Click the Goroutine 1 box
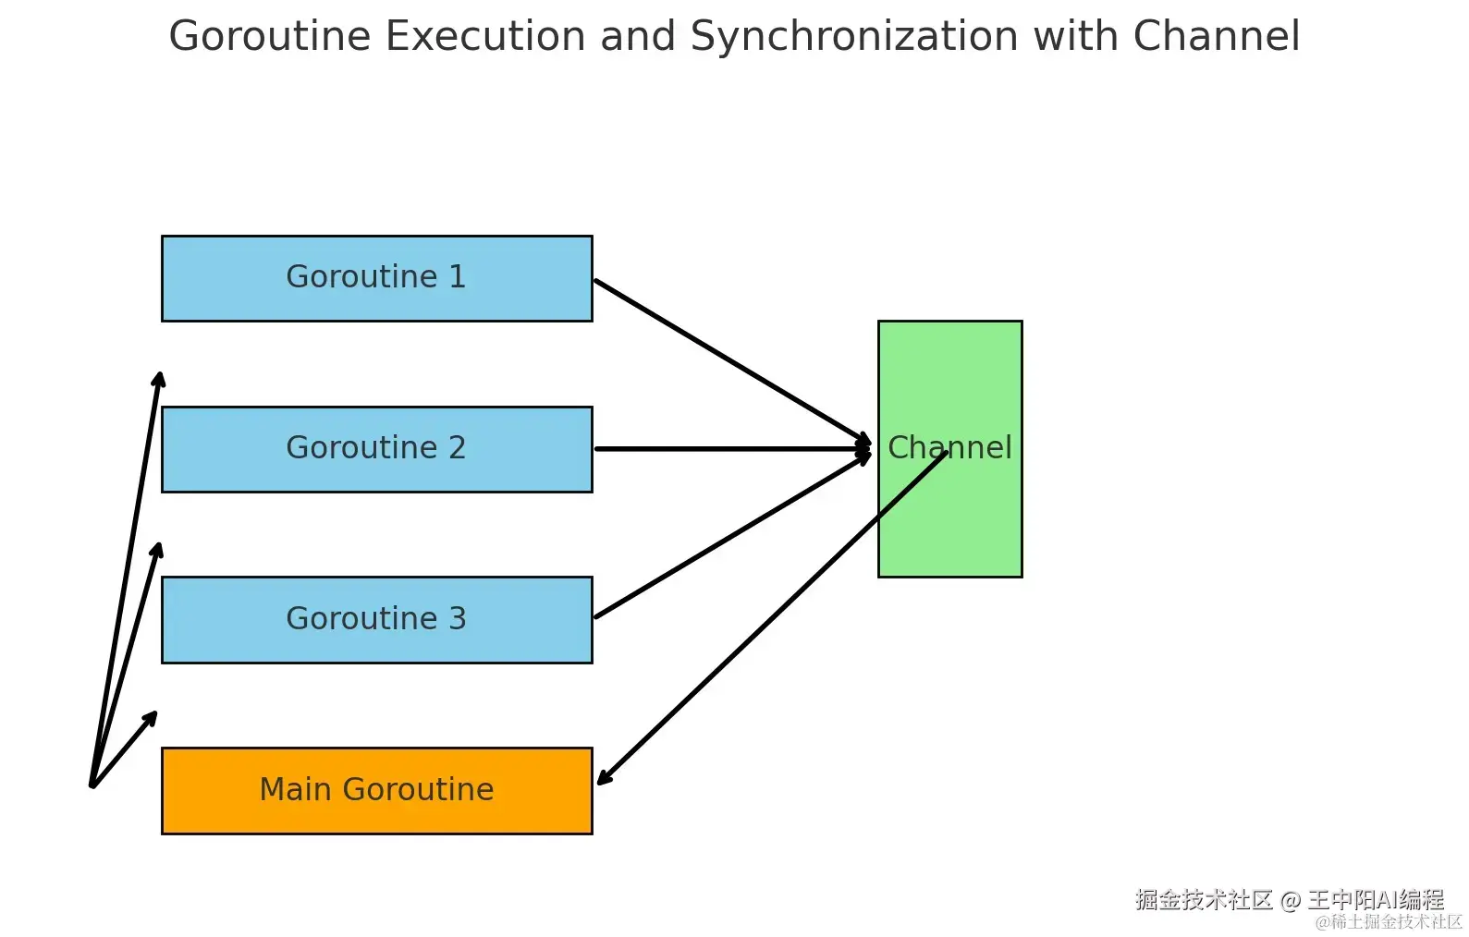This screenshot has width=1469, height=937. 377,279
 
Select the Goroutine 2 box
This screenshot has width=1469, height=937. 377,449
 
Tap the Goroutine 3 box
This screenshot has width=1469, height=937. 377,620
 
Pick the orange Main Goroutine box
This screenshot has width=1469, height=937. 377,791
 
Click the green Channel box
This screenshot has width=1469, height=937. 950,449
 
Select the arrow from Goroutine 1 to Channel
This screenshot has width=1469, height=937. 732,361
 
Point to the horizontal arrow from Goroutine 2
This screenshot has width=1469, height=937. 733,449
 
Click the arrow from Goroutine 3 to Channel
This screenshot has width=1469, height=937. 732,536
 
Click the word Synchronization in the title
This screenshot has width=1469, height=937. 855,36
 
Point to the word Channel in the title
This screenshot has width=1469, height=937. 1217,36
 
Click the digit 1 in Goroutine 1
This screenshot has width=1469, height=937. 457,276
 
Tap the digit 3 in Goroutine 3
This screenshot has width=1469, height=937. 457,618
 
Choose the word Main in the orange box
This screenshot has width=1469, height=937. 297,789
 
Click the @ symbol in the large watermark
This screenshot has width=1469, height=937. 1291,900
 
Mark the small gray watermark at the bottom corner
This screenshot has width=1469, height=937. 1389,922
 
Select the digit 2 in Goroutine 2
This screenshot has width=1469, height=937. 457,447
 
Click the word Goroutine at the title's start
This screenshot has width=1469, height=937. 270,36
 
